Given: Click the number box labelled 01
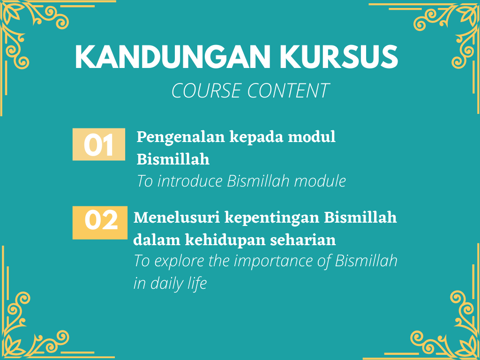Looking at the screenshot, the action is (99, 144).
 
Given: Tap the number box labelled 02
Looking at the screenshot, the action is (100, 223).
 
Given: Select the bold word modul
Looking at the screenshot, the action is (312, 137).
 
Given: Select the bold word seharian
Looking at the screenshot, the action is (303, 240).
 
